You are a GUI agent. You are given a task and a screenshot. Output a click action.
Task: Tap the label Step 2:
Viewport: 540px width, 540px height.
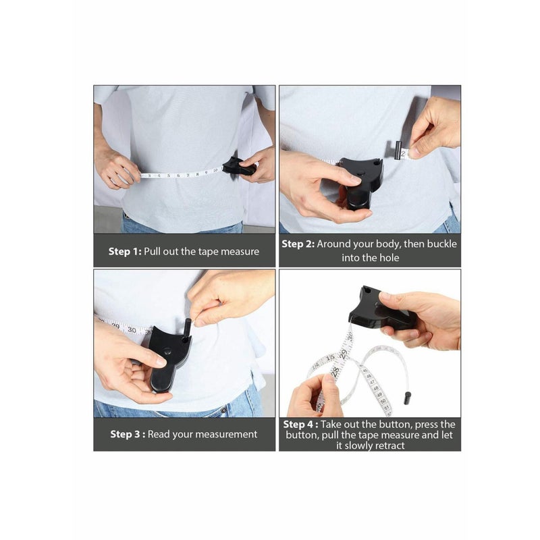[298, 244]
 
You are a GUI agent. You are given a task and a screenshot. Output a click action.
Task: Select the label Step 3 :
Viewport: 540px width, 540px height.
[127, 434]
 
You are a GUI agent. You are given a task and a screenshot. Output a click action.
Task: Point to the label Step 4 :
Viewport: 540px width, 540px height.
[300, 425]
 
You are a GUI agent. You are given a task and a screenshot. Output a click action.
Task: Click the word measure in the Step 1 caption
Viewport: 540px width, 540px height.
[240, 251]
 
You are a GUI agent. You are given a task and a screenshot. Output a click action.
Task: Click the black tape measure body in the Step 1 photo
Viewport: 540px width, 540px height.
[238, 166]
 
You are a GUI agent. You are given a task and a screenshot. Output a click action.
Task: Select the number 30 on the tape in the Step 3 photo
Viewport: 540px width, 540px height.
[132, 330]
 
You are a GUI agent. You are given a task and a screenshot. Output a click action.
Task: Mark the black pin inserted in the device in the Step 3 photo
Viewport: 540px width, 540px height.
[187, 327]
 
